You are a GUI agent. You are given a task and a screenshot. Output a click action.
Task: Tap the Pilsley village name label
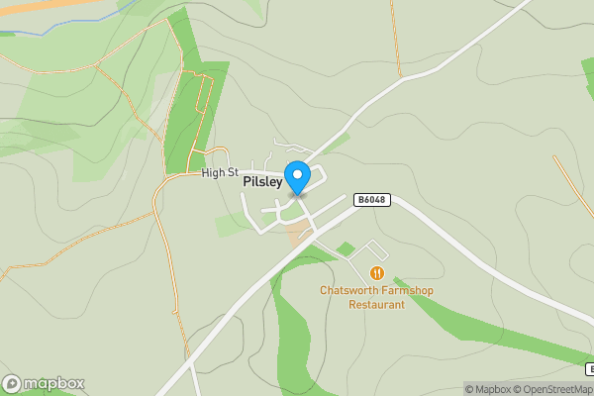click(262, 182)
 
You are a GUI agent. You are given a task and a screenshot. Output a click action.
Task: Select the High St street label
click(219, 173)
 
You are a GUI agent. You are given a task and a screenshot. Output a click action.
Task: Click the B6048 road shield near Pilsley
click(372, 200)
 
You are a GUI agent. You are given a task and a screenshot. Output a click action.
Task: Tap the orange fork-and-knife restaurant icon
click(376, 272)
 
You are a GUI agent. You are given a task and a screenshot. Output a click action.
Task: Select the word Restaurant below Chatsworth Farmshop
click(376, 305)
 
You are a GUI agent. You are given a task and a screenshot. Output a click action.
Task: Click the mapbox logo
click(45, 383)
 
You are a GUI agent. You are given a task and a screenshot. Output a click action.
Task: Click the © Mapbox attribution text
click(487, 389)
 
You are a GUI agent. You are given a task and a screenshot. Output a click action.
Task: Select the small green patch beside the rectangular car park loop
click(345, 247)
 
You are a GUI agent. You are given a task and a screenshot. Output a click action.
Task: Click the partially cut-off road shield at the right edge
click(589, 368)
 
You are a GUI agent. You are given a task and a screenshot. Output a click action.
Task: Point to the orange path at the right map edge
click(574, 188)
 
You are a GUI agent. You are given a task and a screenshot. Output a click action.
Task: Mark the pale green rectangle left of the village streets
click(230, 226)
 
